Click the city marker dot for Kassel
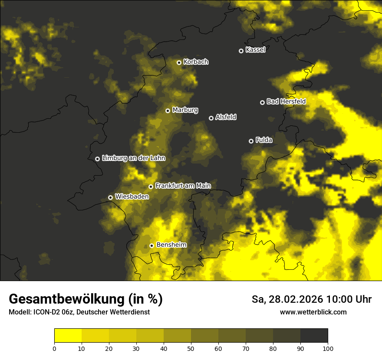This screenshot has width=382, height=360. [241, 51]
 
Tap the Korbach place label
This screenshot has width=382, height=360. [196, 62]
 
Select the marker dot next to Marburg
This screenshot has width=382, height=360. [168, 111]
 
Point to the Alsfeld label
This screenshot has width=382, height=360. [226, 117]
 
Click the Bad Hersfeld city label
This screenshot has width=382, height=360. [286, 101]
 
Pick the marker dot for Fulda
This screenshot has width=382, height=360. [251, 141]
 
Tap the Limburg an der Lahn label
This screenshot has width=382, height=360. [133, 158]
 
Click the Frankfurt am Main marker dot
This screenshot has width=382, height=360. [151, 187]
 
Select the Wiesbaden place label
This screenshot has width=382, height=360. [132, 196]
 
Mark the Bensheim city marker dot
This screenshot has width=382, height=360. [151, 245]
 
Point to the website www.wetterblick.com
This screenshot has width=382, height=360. [313, 312]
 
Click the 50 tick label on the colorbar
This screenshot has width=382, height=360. [191, 348]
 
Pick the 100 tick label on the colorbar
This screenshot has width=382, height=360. [328, 348]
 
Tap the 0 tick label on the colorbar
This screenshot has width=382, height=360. [54, 348]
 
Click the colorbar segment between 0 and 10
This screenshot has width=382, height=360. [68, 336]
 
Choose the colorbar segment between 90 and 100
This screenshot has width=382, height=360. [314, 336]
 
